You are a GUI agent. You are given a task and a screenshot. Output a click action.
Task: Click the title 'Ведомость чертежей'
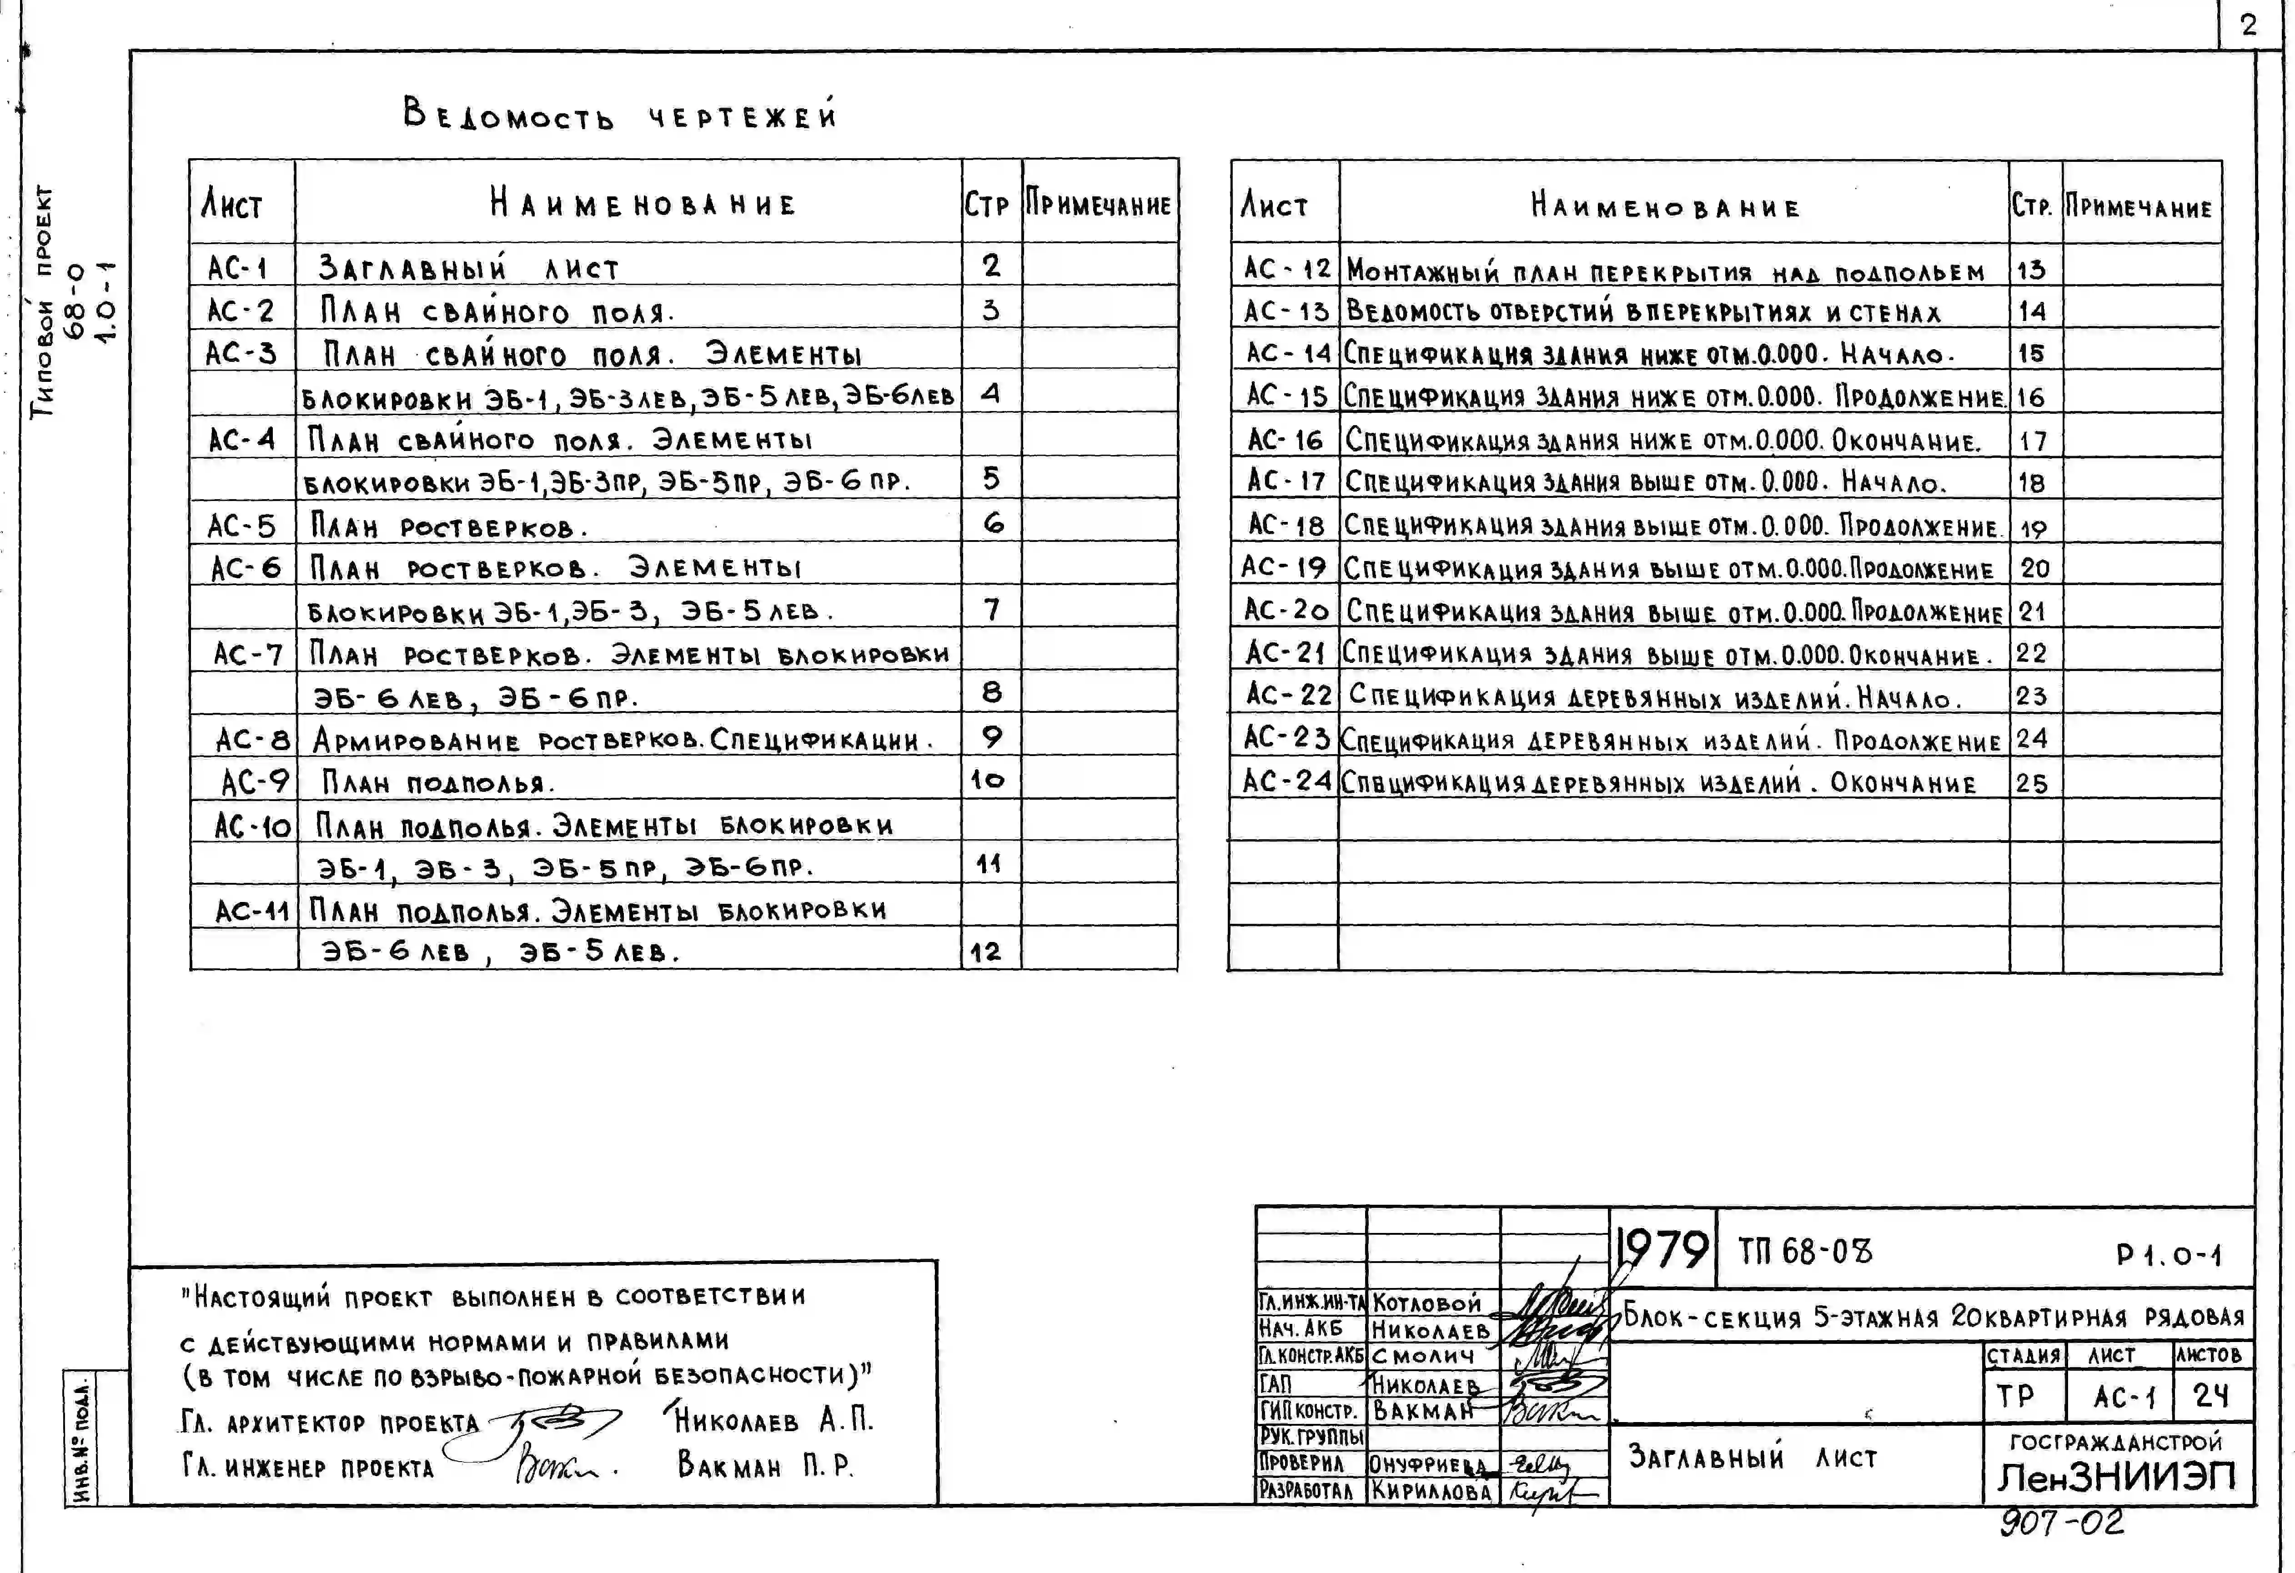(620, 115)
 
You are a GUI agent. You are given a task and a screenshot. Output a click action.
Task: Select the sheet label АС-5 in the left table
(241, 526)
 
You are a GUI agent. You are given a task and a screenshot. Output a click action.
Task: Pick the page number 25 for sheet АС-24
(2031, 783)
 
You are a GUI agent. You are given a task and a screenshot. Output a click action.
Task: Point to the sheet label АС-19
(1284, 568)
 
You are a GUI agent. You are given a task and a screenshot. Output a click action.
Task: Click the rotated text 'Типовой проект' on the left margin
(44, 301)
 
